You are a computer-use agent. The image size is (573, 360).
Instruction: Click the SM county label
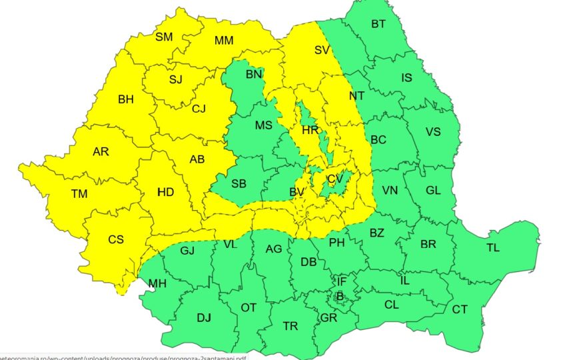pyautogui.click(x=164, y=37)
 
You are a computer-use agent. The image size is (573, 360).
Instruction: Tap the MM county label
pyautogui.click(x=224, y=41)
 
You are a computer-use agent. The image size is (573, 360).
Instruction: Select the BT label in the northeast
pyautogui.click(x=378, y=24)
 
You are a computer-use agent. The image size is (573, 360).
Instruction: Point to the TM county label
pyautogui.click(x=79, y=194)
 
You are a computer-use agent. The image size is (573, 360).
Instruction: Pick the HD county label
pyautogui.click(x=165, y=192)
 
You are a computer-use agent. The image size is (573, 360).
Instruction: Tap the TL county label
pyautogui.click(x=492, y=247)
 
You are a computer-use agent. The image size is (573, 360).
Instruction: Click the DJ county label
pyautogui.click(x=204, y=317)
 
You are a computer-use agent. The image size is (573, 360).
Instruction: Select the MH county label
pyautogui.click(x=157, y=284)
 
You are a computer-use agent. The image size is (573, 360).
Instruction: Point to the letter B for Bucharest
pyautogui.click(x=339, y=296)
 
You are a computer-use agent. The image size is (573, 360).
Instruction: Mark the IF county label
pyautogui.click(x=341, y=281)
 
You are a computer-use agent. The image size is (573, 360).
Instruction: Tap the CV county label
pyautogui.click(x=334, y=179)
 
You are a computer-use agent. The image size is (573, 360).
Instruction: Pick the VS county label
pyautogui.click(x=433, y=131)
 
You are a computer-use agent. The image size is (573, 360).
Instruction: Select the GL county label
pyautogui.click(x=433, y=190)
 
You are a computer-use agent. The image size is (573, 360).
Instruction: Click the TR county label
pyautogui.click(x=290, y=326)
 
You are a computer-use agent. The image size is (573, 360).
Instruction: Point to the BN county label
pyautogui.click(x=254, y=74)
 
